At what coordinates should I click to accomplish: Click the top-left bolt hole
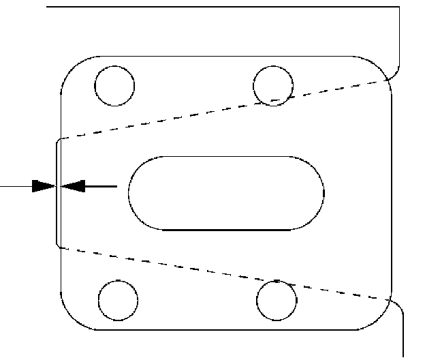114,85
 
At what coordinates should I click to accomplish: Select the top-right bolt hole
273,85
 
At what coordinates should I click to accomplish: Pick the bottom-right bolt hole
278,298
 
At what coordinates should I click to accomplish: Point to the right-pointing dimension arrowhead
44,185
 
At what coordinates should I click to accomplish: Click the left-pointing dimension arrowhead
72,185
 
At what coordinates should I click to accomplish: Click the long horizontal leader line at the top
218,7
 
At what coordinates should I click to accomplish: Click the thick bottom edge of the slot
225,229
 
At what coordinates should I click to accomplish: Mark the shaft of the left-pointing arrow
102,185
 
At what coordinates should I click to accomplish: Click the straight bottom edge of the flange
225,331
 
